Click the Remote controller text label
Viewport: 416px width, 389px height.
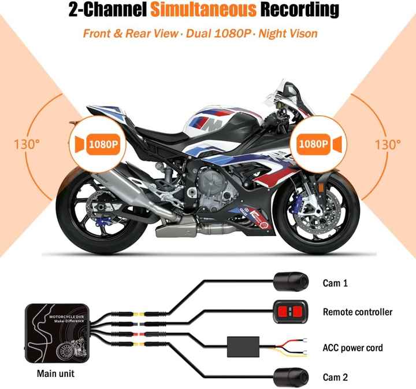tap(357, 312)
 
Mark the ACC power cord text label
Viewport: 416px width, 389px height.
tap(352, 348)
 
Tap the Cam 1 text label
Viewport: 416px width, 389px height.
tap(335, 283)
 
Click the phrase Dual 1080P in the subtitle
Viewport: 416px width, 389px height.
tap(220, 32)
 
